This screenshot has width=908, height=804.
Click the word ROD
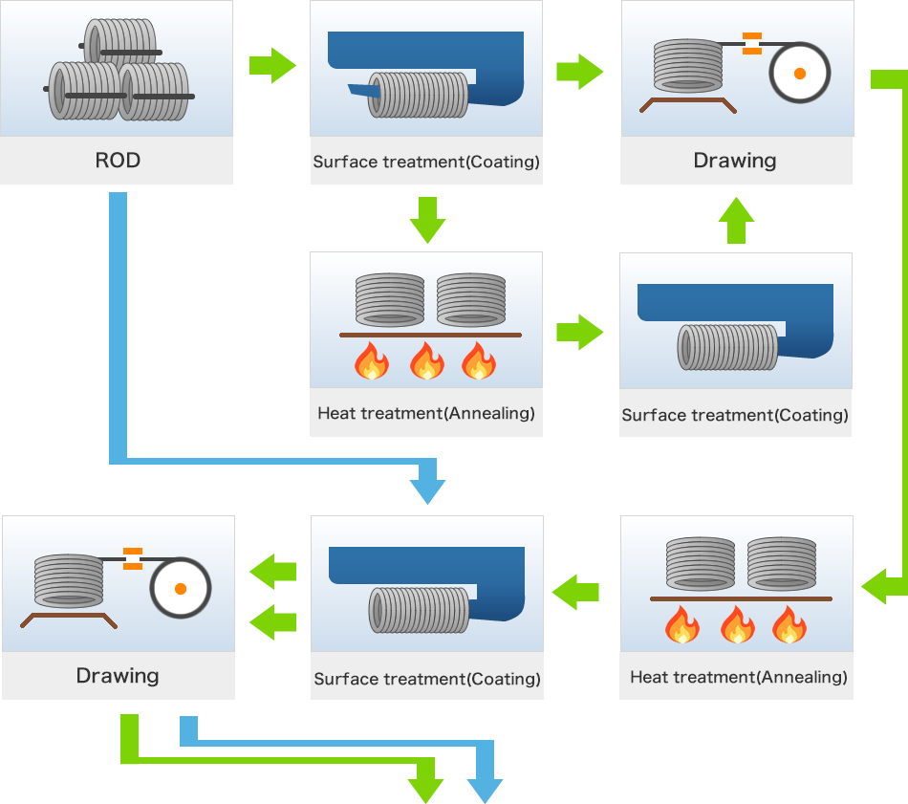pyautogui.click(x=118, y=161)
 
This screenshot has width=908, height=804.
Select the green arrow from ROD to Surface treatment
pyautogui.click(x=272, y=66)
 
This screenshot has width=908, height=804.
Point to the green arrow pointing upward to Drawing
pyautogui.click(x=735, y=221)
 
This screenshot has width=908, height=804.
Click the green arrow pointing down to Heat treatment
pyautogui.click(x=427, y=220)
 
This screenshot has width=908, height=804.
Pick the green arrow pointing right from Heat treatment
pyautogui.click(x=579, y=334)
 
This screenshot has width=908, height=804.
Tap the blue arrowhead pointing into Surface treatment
pyautogui.click(x=427, y=490)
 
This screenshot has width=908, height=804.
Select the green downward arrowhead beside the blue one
pyautogui.click(x=426, y=790)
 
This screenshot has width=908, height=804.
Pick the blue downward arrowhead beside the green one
pyautogui.click(x=485, y=790)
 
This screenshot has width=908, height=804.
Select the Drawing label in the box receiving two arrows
pyautogui.click(x=118, y=676)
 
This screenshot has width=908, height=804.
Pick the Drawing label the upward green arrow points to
pyautogui.click(x=735, y=161)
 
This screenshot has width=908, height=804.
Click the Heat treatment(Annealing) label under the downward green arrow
pyautogui.click(x=426, y=414)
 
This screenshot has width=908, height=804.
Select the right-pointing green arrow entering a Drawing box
pyautogui.click(x=579, y=72)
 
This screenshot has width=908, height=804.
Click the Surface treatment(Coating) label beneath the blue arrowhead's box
pyautogui.click(x=427, y=680)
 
